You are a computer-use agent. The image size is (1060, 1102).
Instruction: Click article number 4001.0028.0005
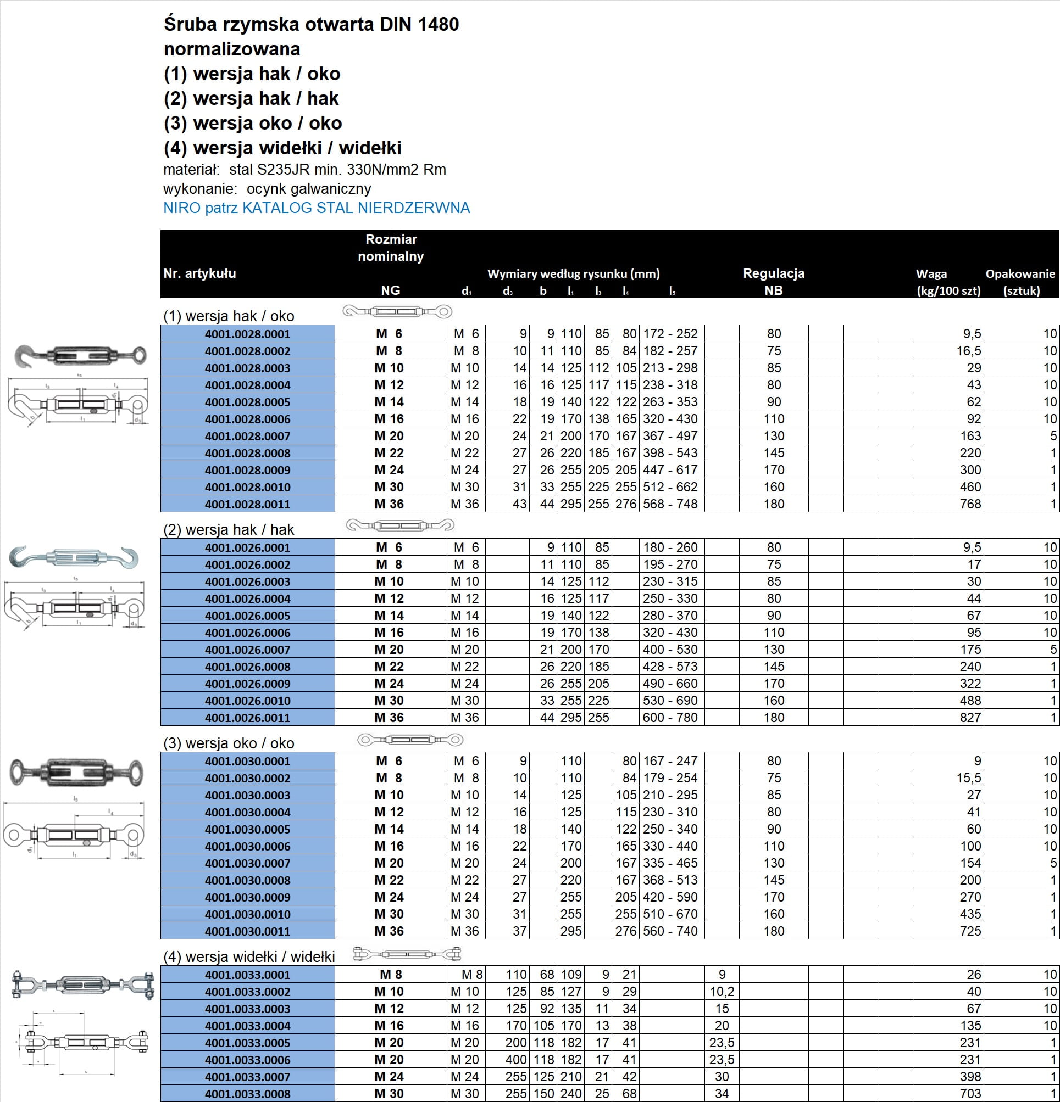point(248,402)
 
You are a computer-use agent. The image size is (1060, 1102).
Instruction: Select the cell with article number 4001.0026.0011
point(248,718)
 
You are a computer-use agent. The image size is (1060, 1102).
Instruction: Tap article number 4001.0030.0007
point(248,863)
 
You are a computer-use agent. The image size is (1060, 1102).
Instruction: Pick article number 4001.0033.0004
point(248,1026)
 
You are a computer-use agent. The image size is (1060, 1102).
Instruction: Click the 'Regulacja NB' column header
point(774,282)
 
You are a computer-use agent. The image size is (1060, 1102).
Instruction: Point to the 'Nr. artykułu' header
point(199,273)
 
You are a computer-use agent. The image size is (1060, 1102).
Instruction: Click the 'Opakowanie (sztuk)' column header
point(1020,282)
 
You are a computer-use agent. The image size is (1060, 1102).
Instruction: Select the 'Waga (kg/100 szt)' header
point(948,282)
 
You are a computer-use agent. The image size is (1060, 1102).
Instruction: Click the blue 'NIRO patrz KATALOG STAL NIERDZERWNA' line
point(316,208)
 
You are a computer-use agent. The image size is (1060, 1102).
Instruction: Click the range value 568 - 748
point(670,504)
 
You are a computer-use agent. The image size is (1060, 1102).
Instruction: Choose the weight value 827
point(970,718)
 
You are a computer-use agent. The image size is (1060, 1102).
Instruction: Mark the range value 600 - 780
point(670,718)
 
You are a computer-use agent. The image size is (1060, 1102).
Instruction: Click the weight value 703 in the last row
point(970,1094)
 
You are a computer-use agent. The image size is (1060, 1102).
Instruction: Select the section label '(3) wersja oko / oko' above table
point(229,743)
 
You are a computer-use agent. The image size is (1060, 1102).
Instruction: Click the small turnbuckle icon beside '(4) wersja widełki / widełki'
point(407,954)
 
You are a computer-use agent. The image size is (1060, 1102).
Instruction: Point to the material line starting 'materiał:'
point(304,170)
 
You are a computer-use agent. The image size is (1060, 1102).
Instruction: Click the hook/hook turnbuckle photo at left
point(74,557)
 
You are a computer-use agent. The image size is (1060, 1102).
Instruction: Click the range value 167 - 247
point(670,760)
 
